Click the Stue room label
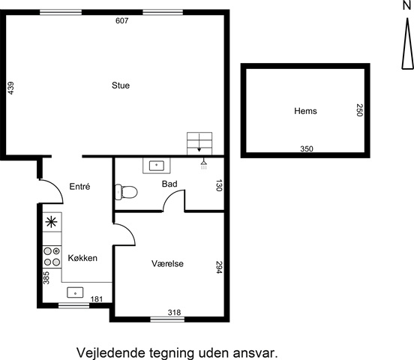pyautogui.click(x=121, y=85)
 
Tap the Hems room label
pyautogui.click(x=305, y=111)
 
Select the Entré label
pyautogui.click(x=79, y=186)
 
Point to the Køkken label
pyautogui.click(x=82, y=258)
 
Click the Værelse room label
pyautogui.click(x=167, y=263)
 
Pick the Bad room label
pyautogui.click(x=169, y=184)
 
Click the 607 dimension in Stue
pyautogui.click(x=122, y=20)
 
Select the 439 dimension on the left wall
pyautogui.click(x=10, y=88)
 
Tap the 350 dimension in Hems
pyautogui.click(x=307, y=148)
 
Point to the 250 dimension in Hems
pyautogui.click(x=359, y=110)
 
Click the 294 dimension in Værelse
pyautogui.click(x=219, y=267)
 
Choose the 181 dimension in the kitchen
pyautogui.click(x=97, y=299)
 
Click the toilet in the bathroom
pyautogui.click(x=126, y=192)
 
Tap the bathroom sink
pyautogui.click(x=157, y=166)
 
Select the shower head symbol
pyautogui.click(x=203, y=164)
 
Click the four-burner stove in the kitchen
pyautogui.click(x=52, y=256)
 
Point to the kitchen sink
pyautogui.click(x=75, y=292)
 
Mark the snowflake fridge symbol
pyautogui.click(x=51, y=222)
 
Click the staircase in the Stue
pyautogui.click(x=199, y=143)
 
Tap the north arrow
pyautogui.click(x=407, y=40)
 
